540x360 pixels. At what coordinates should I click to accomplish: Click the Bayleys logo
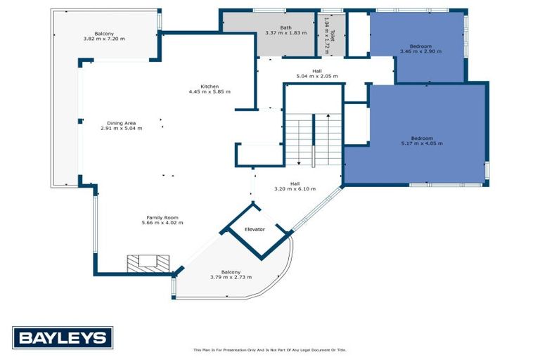(x=63, y=338)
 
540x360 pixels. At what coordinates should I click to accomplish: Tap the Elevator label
(x=255, y=229)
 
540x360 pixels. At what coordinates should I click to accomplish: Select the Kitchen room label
(x=210, y=86)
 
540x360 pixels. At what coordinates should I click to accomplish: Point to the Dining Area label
(x=121, y=122)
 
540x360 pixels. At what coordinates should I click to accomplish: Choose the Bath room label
(x=285, y=27)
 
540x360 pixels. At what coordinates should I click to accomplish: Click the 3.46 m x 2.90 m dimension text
(x=420, y=51)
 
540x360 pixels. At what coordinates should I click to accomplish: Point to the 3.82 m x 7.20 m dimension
(x=104, y=39)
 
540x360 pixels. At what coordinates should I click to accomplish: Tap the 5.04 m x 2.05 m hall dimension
(x=316, y=76)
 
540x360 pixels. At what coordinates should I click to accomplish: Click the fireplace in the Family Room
(x=148, y=263)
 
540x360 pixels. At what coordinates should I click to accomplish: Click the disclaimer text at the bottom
(x=270, y=349)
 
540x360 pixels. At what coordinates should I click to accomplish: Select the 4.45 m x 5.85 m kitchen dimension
(x=210, y=91)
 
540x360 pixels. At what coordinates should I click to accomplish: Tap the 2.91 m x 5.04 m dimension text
(x=121, y=128)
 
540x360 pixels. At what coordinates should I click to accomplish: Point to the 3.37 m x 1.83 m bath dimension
(x=285, y=33)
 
